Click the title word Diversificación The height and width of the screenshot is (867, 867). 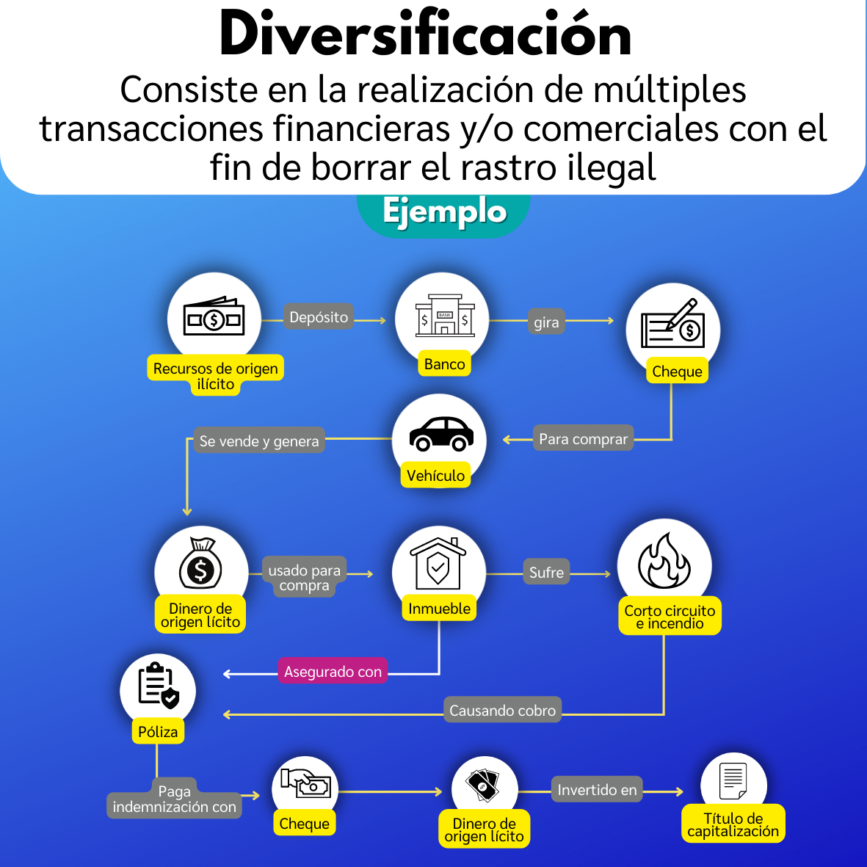[x=424, y=35]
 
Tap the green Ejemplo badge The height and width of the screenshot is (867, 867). [x=444, y=214]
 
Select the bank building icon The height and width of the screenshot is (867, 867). [x=445, y=315]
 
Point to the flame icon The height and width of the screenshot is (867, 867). [x=664, y=560]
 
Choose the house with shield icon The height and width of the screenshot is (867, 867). [x=438, y=563]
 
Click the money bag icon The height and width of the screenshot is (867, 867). [x=200, y=563]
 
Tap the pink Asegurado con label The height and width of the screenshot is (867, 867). [x=333, y=671]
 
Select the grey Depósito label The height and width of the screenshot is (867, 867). [x=319, y=317]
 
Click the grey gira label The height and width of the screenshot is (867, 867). [x=546, y=322]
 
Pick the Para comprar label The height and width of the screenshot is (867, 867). [x=584, y=438]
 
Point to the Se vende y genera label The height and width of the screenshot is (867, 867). [x=258, y=440]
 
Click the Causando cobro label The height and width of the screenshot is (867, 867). [x=502, y=710]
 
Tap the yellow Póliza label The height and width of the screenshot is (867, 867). [x=158, y=731]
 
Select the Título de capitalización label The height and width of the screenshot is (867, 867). [x=733, y=824]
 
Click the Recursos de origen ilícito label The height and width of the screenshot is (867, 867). [x=215, y=375]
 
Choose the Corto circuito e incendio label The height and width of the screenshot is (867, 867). [x=670, y=616]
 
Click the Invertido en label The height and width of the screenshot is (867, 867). [x=597, y=790]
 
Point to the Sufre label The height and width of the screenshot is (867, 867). [x=546, y=572]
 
